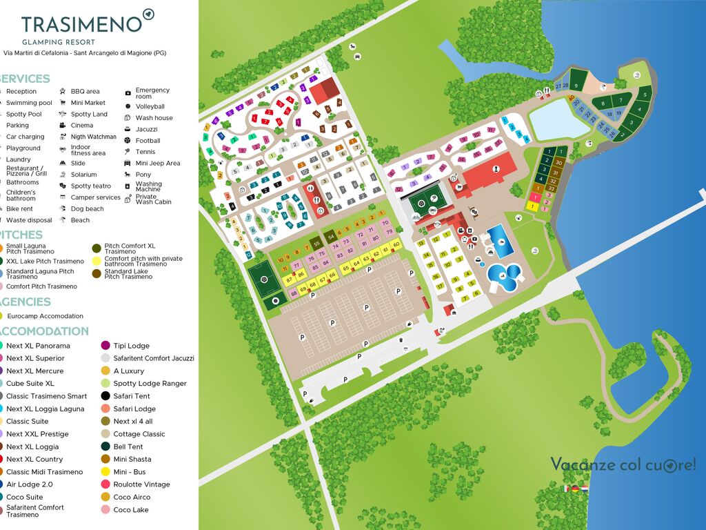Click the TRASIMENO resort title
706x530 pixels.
click(x=81, y=24)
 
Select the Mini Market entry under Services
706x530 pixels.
click(x=88, y=102)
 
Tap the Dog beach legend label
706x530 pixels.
click(x=87, y=208)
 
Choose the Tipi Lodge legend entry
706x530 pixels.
click(x=131, y=346)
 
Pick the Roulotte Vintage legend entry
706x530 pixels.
click(x=141, y=484)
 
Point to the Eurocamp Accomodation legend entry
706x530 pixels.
click(x=44, y=316)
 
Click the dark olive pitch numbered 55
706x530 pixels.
click(x=316, y=244)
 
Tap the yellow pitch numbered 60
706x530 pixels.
click(x=396, y=244)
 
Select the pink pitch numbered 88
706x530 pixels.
click(x=294, y=293)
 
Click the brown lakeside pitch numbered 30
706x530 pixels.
click(x=558, y=163)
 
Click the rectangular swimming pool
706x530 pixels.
click(x=500, y=240)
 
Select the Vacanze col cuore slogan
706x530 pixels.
click(x=623, y=464)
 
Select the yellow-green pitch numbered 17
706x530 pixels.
click(x=440, y=286)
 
